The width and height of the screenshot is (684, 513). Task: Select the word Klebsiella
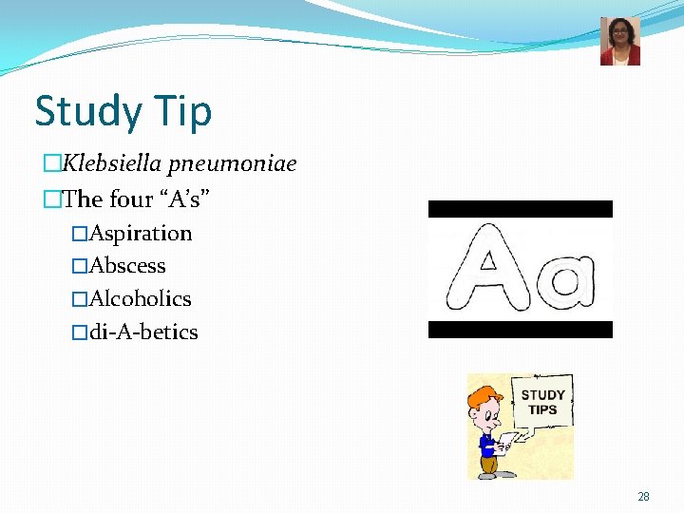click(113, 164)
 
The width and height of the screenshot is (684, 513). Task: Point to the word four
click(131, 199)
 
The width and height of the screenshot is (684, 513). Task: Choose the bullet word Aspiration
click(141, 233)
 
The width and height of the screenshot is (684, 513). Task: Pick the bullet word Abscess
click(127, 266)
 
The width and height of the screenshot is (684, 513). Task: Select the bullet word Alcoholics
click(140, 299)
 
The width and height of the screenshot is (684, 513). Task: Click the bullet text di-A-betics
click(143, 332)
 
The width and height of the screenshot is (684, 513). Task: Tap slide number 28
click(643, 497)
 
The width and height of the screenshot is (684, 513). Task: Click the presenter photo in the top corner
click(619, 41)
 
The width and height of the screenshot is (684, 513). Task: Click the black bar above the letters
click(520, 209)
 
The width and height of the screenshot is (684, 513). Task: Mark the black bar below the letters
click(520, 330)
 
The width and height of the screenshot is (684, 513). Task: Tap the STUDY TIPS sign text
click(542, 402)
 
